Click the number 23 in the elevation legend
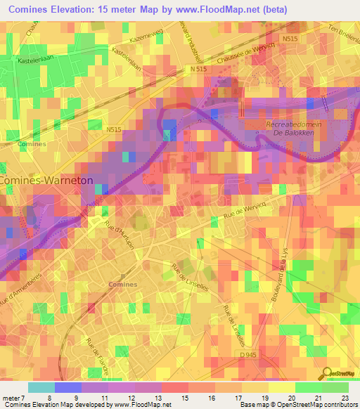click(344, 397)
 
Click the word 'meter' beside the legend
click(11, 397)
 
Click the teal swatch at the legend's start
click(41, 387)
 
